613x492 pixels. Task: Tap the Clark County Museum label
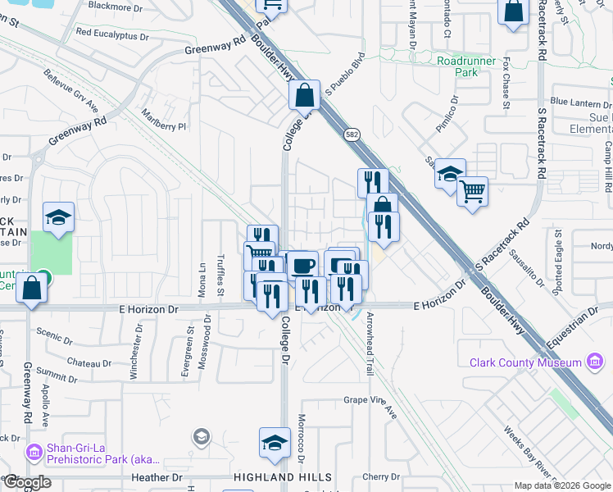[x=524, y=362]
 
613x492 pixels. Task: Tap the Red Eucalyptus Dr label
[x=111, y=36]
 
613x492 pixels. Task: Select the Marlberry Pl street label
[x=164, y=121]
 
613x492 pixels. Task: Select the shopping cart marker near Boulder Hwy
[x=472, y=191]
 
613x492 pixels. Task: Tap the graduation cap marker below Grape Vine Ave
[x=275, y=442]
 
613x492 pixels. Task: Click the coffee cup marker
[x=302, y=265]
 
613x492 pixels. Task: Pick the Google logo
[x=27, y=482]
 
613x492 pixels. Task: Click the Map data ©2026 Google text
[x=562, y=485]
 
